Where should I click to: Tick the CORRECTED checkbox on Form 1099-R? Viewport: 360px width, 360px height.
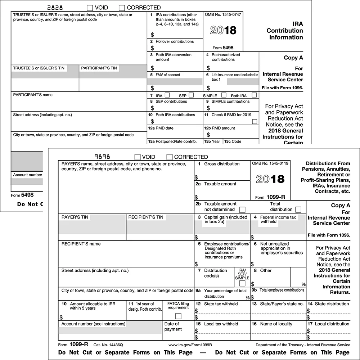tap(170, 157)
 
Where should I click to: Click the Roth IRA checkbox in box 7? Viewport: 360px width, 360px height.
tap(255, 95)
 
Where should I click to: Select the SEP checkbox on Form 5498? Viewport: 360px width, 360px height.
tap(191, 95)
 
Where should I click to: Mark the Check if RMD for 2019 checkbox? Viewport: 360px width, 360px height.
tap(255, 122)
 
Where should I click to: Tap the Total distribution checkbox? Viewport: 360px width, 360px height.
tap(298, 210)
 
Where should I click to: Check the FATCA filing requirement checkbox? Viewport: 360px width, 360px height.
tap(178, 316)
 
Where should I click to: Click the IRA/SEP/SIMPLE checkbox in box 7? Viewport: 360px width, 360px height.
tap(242, 283)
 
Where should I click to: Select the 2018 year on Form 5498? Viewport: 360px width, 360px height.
tap(223, 30)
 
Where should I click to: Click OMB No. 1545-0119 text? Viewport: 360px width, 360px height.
tap(270, 164)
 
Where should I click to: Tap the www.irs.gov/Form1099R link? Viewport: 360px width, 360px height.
tap(190, 345)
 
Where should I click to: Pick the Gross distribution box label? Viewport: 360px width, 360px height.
tap(222, 164)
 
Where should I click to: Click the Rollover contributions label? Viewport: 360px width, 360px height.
tap(175, 41)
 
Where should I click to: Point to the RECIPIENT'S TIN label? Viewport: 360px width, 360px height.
tap(146, 217)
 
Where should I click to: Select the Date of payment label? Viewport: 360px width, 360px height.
tap(173, 327)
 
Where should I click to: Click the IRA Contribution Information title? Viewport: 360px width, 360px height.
tap(284, 31)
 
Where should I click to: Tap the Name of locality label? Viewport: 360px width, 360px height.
tap(276, 324)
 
